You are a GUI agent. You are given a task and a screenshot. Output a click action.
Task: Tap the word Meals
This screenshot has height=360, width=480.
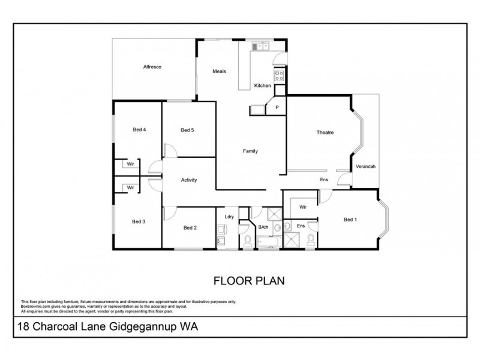219,71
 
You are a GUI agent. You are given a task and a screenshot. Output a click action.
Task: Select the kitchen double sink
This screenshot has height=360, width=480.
261,46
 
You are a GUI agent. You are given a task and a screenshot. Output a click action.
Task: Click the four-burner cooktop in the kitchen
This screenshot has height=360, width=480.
279,75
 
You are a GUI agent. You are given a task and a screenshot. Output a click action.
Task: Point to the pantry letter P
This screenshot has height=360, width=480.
277,108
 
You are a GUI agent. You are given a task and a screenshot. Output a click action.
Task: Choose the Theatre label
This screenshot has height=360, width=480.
325,133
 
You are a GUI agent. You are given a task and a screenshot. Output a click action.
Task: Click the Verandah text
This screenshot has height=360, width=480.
365,166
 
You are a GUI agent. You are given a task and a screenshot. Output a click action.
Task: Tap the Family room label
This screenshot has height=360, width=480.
250,151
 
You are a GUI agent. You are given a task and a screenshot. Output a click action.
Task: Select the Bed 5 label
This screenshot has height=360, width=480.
187,130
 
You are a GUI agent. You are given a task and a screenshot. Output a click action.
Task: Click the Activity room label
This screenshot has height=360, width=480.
189,180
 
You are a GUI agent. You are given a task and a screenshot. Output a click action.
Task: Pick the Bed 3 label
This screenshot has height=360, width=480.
139,221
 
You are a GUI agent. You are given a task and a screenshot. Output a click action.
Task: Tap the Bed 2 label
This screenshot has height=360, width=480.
190,227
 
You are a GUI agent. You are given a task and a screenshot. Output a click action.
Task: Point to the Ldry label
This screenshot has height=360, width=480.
229,217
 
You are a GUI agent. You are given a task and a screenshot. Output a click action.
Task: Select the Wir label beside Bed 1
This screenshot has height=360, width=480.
303,206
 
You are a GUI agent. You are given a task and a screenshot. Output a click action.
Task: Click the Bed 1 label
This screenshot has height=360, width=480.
350,220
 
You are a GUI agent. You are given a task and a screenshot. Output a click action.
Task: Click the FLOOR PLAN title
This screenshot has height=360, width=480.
240,280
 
